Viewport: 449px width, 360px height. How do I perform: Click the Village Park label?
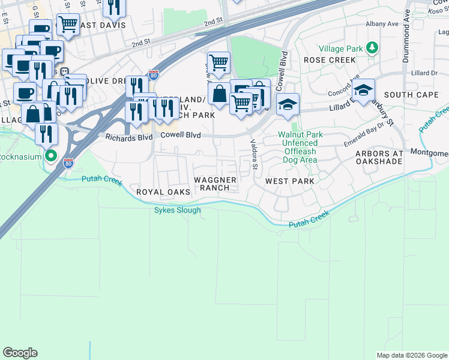click(x=340, y=48)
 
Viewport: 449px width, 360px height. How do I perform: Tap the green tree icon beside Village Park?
click(x=372, y=47)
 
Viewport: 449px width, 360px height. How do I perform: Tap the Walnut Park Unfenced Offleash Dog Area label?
click(x=300, y=148)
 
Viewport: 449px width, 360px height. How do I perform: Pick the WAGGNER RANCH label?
click(x=214, y=184)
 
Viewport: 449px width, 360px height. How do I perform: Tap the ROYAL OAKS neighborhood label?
click(x=163, y=192)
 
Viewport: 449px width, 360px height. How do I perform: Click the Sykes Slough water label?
click(x=177, y=210)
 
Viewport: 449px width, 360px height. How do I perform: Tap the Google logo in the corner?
click(x=20, y=353)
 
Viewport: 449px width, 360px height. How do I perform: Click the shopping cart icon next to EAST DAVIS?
click(x=68, y=25)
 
